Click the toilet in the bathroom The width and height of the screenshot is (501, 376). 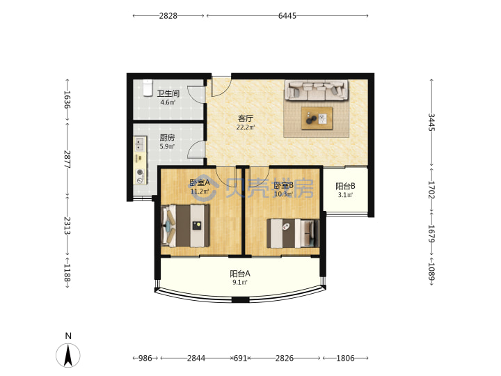148,88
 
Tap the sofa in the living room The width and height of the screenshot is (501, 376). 317,91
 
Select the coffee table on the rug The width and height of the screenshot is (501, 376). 317,118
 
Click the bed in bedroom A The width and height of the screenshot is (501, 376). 185,226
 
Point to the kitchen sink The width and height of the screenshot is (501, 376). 140,143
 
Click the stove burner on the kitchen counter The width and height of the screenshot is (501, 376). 140,173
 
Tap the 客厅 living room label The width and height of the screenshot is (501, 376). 246,118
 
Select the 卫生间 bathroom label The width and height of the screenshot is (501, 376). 168,93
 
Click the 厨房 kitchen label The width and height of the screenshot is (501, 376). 167,138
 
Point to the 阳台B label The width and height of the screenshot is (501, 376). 345,186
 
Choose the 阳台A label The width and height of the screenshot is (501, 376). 240,274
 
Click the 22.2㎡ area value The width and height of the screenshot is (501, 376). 246,127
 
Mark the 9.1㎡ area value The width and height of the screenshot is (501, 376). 240,282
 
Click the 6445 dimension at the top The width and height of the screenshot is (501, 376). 287,15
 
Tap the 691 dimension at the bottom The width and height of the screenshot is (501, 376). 240,358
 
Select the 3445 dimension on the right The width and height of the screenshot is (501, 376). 431,122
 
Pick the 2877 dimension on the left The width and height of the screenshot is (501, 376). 67,159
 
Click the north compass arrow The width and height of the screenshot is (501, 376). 68,355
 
